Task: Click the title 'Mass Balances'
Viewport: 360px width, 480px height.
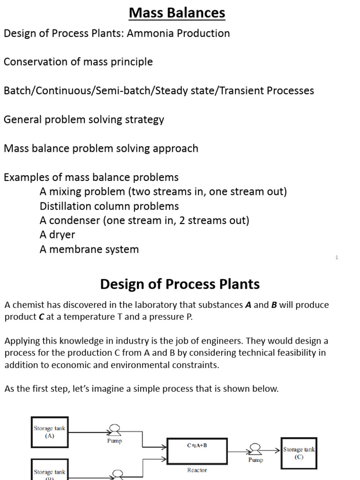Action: tap(177, 13)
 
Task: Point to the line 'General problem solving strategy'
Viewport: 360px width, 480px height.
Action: tap(84, 120)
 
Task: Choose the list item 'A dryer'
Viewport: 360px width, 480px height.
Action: tap(57, 235)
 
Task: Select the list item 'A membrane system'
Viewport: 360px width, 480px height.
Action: tap(89, 249)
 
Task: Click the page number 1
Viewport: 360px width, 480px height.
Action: tap(337, 257)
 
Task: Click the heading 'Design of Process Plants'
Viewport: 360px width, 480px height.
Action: tap(180, 284)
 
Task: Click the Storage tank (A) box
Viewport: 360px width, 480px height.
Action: tap(50, 431)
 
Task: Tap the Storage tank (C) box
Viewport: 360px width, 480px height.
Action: tap(299, 453)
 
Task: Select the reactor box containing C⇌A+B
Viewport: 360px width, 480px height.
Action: tap(197, 450)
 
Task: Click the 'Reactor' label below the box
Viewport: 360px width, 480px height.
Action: tap(197, 470)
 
